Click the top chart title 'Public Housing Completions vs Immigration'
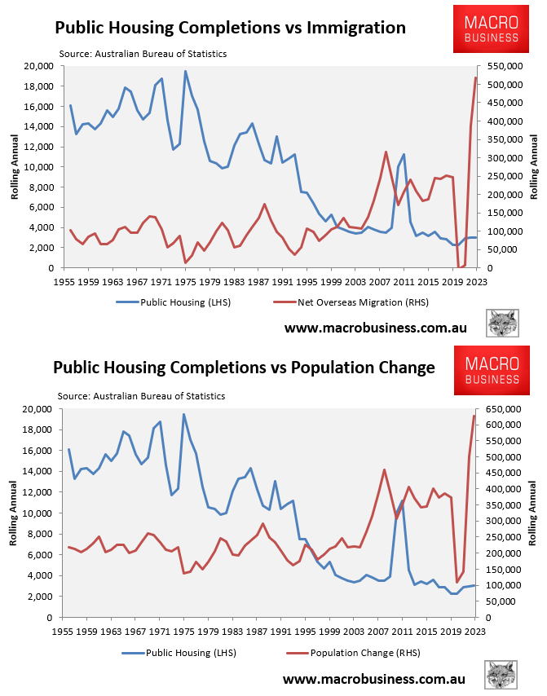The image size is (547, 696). tap(230, 28)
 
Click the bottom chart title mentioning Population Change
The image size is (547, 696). tap(244, 368)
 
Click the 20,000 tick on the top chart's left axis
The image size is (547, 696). tap(40, 66)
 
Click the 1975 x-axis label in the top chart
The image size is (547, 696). tap(184, 281)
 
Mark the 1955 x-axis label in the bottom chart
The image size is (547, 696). tap(64, 631)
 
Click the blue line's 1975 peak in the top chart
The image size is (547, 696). tap(185, 71)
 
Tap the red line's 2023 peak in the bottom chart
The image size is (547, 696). tap(474, 416)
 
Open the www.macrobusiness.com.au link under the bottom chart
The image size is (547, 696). tap(374, 678)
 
